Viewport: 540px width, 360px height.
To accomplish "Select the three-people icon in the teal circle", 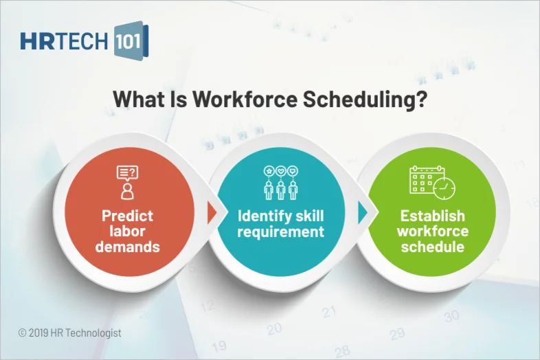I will tap(280, 182).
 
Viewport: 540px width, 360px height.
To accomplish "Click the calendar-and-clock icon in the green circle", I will tap(432, 182).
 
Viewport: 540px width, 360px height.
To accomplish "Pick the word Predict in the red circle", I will tap(127, 216).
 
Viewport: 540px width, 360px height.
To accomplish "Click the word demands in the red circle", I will tap(127, 246).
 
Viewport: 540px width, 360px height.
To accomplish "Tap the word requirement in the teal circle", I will tap(280, 232).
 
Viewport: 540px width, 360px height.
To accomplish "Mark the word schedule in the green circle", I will tap(432, 246).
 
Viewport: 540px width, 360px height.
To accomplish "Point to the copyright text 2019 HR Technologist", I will tap(70, 333).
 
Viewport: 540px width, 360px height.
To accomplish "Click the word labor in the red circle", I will tap(127, 231).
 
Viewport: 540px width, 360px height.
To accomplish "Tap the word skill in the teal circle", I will tap(308, 216).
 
